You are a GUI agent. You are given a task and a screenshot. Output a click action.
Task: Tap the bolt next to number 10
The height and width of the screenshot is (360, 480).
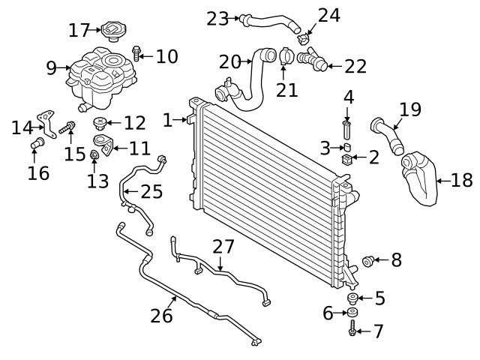point(137,52)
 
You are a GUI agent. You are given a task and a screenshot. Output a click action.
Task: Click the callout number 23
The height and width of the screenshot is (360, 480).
point(217,19)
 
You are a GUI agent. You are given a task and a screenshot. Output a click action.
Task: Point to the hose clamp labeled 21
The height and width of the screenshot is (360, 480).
point(284,55)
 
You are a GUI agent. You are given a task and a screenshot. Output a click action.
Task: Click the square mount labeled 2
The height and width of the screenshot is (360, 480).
point(347,158)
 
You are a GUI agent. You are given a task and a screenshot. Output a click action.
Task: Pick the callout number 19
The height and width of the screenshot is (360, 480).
point(409,110)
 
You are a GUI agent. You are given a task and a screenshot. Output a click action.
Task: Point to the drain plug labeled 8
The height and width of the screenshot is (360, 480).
point(368,260)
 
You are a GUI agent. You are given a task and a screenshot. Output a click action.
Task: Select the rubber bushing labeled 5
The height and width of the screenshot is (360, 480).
point(352,299)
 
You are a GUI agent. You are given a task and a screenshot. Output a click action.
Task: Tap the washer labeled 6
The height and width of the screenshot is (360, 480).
point(352,313)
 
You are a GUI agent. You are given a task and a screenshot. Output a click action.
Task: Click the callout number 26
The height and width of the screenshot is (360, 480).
point(161,315)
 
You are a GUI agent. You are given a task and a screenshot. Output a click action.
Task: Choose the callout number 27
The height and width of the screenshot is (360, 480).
point(223,246)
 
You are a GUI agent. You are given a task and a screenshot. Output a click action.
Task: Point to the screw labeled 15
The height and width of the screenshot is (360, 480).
point(69,128)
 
